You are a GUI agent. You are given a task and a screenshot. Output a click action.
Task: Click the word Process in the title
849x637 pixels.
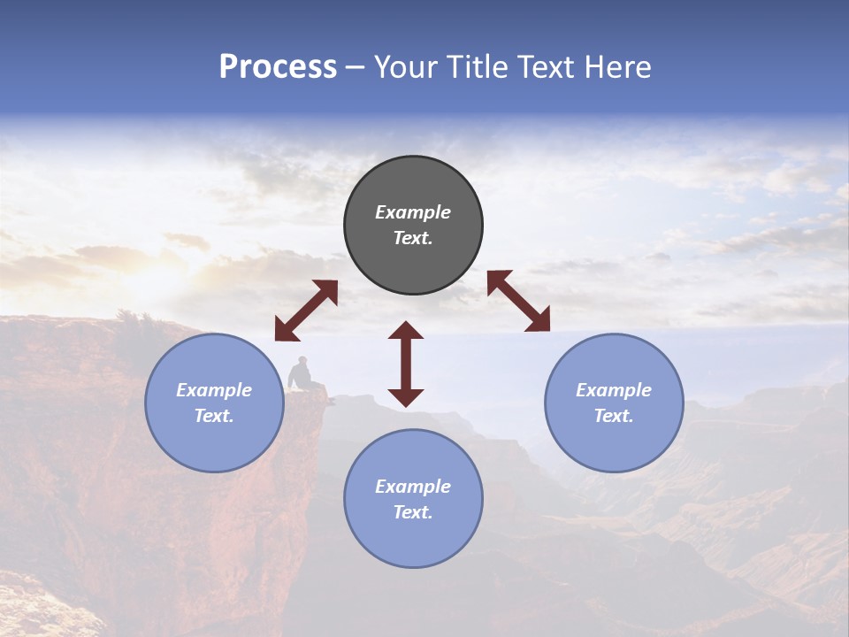pos(278,67)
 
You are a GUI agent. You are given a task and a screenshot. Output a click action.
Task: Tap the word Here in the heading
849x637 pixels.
pos(617,67)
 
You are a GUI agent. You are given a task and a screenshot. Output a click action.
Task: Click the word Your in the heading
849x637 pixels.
pos(407,67)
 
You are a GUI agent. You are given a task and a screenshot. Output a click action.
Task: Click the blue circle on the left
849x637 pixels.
pos(214,403)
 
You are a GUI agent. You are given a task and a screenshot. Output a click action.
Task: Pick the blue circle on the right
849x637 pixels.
pos(614,403)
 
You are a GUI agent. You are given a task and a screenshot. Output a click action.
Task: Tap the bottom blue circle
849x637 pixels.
pos(413,499)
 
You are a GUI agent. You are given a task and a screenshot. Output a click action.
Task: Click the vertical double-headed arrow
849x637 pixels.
pos(406,364)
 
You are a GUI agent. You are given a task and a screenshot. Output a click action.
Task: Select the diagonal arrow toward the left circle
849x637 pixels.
pos(306,311)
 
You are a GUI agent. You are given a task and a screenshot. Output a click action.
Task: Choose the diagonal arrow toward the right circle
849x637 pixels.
pos(519,302)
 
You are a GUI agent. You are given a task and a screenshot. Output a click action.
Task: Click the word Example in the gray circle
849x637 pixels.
pos(413,212)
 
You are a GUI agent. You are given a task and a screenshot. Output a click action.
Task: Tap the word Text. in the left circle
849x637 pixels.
pos(214,416)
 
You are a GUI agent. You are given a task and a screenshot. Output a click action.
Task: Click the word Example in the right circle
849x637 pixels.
pos(614,390)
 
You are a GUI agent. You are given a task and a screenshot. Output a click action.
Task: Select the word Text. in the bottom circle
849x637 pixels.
pos(413,512)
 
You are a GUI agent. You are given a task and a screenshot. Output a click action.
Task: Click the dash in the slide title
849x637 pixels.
pos(356,67)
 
